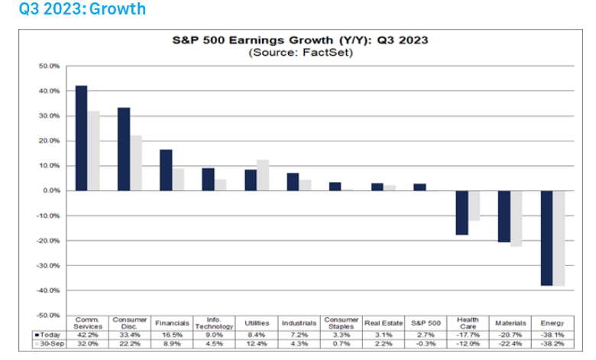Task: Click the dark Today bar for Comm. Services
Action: (x=81, y=138)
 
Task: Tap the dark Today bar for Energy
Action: (x=546, y=238)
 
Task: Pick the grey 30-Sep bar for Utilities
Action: (x=263, y=175)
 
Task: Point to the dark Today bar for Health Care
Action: (x=462, y=212)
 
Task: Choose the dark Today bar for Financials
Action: (x=166, y=170)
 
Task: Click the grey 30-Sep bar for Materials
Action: (x=516, y=219)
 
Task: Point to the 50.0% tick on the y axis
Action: (x=49, y=66)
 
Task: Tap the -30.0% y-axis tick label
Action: (x=47, y=265)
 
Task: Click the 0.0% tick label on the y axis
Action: (x=50, y=190)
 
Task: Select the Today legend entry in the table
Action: (x=48, y=334)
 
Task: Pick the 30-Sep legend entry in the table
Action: (x=48, y=345)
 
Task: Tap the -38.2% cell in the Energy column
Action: (x=552, y=345)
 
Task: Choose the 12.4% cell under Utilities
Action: (x=258, y=345)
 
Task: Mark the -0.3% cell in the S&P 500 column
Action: (x=426, y=345)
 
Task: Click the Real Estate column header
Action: (x=384, y=323)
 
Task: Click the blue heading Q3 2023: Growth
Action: (x=73, y=10)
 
